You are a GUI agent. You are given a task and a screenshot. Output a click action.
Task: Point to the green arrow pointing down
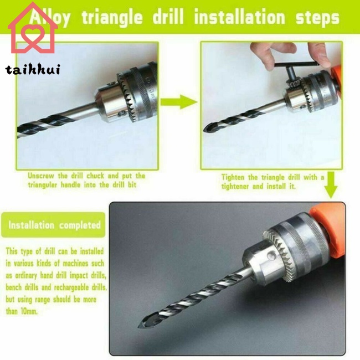[331, 186]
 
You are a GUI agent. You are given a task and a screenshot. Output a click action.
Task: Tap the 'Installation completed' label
[54, 225]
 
